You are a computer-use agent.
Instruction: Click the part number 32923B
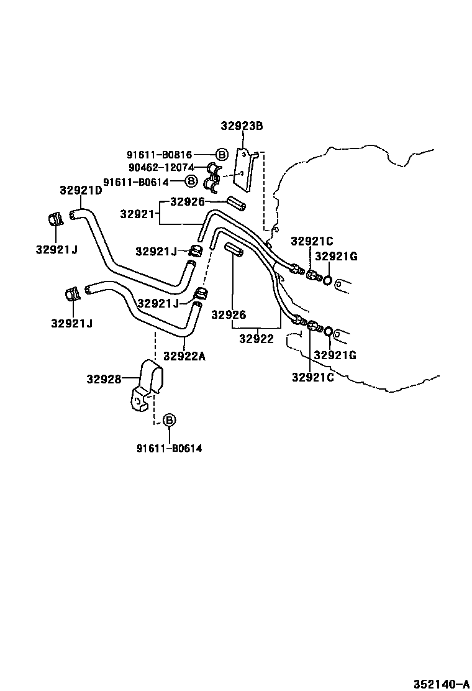coord(242,126)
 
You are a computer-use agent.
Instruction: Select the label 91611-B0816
coord(160,155)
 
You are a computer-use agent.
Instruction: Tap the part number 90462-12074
coord(161,168)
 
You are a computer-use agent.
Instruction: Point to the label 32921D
coord(81,190)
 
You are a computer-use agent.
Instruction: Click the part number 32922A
coord(184,356)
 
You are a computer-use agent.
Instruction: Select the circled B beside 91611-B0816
coord(220,155)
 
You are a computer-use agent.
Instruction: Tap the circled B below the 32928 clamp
coord(169,421)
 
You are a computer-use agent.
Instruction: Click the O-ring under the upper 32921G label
coord(327,279)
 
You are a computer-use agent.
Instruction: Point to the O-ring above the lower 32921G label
coord(327,331)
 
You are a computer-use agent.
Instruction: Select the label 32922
coord(256,339)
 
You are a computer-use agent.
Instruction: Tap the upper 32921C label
coord(312,241)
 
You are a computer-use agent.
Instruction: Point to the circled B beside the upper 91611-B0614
coord(192,181)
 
